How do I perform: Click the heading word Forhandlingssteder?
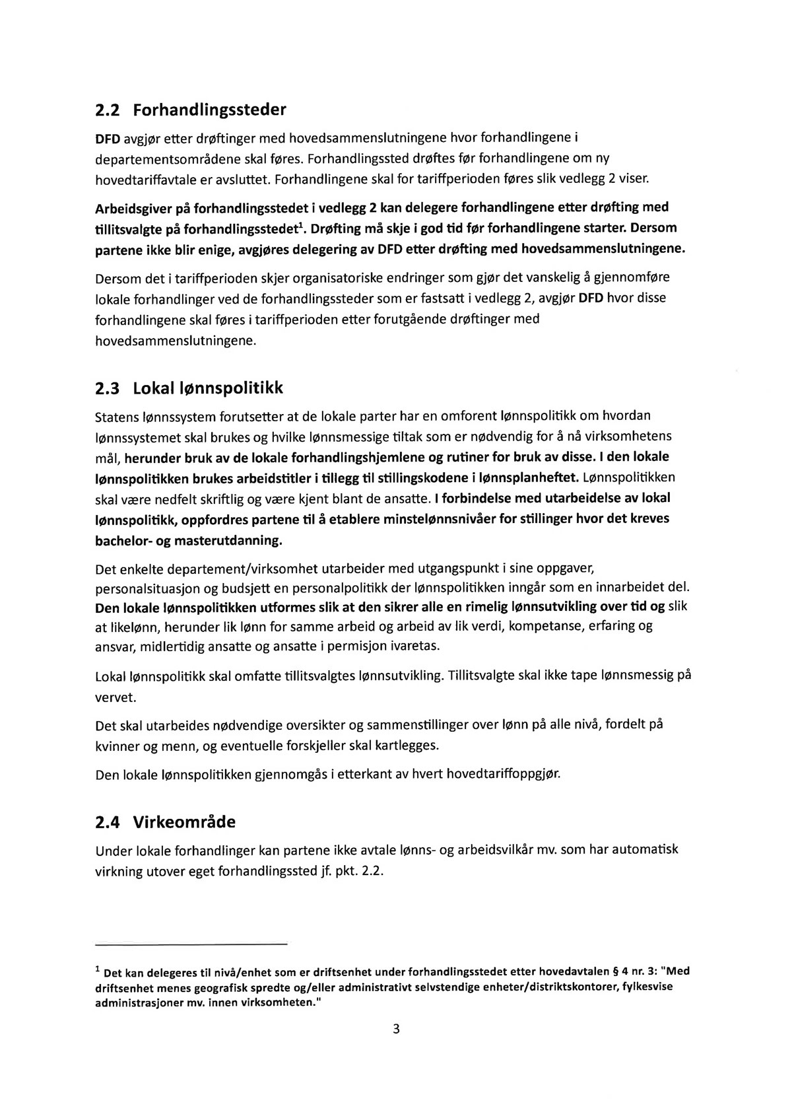click(x=210, y=110)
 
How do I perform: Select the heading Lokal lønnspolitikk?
click(x=208, y=388)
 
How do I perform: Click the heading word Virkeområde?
click(x=184, y=822)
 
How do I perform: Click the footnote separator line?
click(x=191, y=945)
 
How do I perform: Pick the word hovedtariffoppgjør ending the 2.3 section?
click(x=503, y=773)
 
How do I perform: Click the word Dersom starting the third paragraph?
click(x=115, y=277)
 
